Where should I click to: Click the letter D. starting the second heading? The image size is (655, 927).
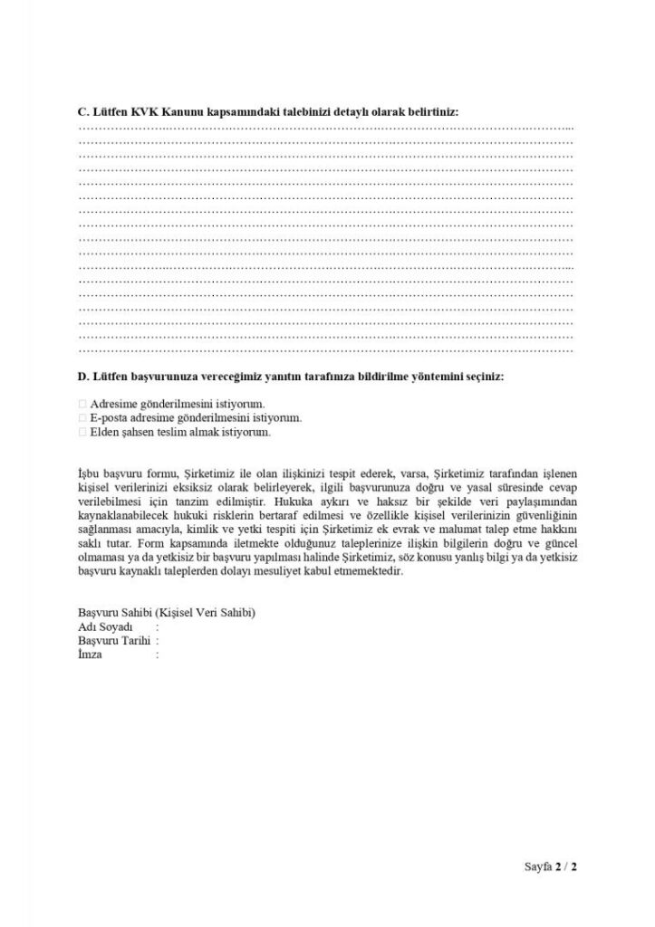[83, 375]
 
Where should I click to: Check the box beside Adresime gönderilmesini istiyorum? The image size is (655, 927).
[82, 404]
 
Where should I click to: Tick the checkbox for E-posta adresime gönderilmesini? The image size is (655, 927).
[82, 418]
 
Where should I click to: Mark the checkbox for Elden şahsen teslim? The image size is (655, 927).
[82, 433]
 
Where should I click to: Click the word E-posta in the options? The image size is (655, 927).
[109, 418]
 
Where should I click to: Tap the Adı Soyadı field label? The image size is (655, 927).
[106, 626]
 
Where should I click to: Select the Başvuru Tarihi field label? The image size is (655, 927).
[112, 640]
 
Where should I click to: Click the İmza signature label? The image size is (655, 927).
[91, 654]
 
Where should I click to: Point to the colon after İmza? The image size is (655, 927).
[158, 654]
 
